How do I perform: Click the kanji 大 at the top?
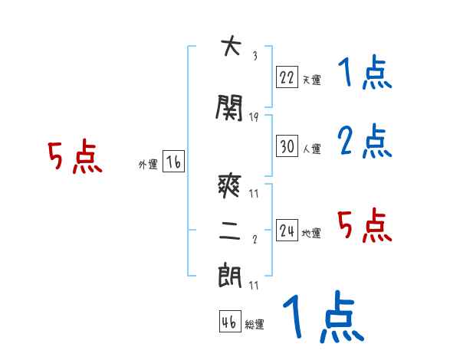[229, 47]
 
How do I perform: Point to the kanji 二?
[229, 232]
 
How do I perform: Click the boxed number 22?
[287, 77]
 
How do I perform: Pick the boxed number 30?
[287, 146]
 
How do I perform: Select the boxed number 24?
[287, 231]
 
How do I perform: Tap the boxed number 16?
[173, 162]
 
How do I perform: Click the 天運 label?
[311, 80]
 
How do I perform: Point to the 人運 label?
[311, 148]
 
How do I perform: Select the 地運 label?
[311, 234]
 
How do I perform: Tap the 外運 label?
[148, 165]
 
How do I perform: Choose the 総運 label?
[255, 325]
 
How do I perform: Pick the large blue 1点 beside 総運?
[322, 317]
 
